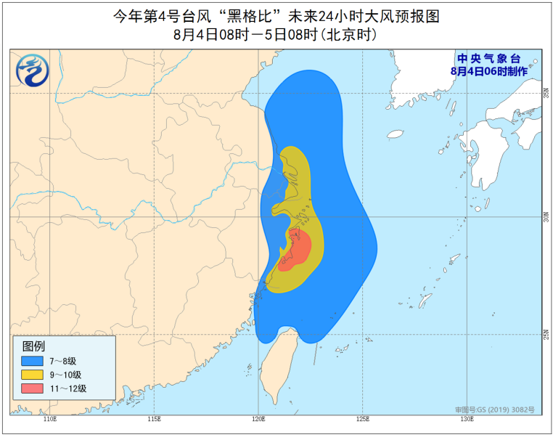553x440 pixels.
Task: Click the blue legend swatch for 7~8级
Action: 31,360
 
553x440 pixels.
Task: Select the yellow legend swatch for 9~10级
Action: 31,375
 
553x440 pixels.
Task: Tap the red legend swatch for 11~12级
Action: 31,389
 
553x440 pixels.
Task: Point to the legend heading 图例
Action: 33,346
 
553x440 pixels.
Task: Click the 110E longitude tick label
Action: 49,420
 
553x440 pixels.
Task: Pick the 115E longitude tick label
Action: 154,420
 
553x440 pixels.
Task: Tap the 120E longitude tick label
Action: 258,420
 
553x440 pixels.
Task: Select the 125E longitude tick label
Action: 363,420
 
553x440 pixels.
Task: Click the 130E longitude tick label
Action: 467,420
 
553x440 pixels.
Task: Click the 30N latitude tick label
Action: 546,217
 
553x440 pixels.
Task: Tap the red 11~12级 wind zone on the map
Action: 296,249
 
